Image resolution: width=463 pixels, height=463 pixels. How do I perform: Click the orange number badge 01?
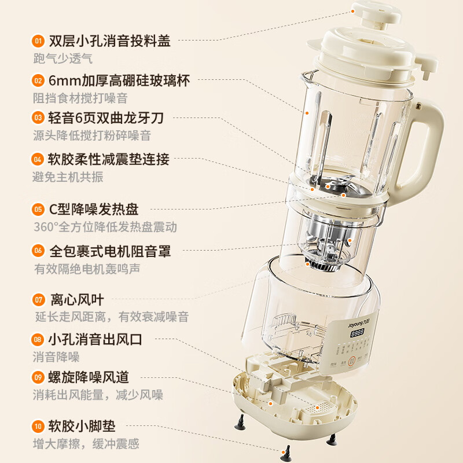(38, 41)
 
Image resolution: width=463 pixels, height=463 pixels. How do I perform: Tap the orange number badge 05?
(38, 209)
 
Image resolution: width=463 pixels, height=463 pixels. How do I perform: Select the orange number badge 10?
(38, 427)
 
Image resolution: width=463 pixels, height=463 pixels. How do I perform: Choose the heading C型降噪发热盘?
(94, 209)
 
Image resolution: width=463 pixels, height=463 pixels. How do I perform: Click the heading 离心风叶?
(76, 300)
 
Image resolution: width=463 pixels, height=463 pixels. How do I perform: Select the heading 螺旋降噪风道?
(89, 377)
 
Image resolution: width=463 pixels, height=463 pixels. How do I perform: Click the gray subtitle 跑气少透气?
(63, 58)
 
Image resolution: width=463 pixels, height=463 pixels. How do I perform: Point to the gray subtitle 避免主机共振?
(68, 177)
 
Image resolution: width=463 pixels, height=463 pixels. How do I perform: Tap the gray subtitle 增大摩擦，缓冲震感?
(86, 444)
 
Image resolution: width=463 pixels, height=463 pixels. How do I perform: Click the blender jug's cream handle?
(428, 145)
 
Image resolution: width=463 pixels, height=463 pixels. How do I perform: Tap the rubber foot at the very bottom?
(285, 453)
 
